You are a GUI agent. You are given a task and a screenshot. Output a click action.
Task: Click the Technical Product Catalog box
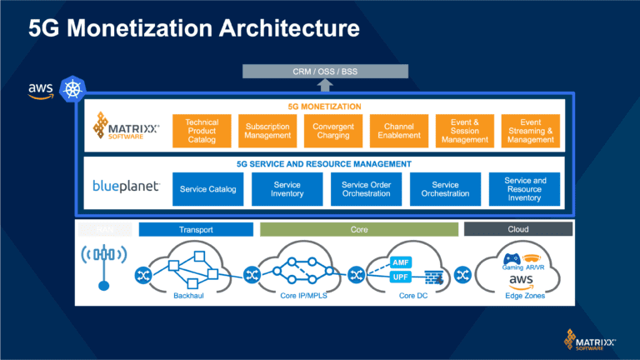202,131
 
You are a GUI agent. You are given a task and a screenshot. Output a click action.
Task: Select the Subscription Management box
267,131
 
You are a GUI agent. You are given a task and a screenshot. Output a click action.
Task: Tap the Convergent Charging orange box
333,131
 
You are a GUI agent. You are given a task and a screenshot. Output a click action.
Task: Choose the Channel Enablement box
399,131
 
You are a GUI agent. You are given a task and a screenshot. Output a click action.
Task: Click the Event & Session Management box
465,131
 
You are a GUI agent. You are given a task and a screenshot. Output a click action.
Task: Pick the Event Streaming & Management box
530,131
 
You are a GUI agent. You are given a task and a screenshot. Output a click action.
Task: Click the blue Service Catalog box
207,189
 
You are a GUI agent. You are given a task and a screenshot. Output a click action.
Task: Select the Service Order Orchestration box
366,189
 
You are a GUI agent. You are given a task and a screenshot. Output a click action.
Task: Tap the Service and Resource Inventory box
525,189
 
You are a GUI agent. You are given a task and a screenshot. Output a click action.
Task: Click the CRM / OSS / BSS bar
325,70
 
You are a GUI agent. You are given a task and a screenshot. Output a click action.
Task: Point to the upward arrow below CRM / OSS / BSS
325,84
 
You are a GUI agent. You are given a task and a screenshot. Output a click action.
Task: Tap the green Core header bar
359,229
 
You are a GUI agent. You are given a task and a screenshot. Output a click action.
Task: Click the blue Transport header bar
196,229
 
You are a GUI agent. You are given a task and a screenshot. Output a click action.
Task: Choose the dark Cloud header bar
517,229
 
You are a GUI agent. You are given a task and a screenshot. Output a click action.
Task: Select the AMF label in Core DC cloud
401,262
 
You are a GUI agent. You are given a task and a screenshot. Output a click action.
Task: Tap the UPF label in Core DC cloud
401,277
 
